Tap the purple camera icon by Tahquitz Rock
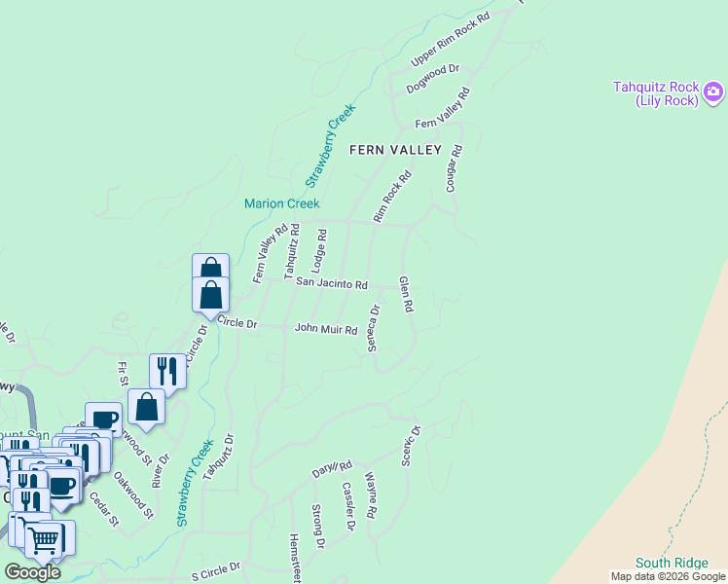click(713, 92)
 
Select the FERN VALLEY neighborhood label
click(396, 150)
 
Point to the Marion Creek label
click(281, 203)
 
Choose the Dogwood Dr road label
click(433, 78)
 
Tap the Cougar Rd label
click(453, 168)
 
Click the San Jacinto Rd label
click(332, 284)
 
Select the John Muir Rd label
click(326, 330)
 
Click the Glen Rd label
click(406, 294)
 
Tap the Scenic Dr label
click(409, 446)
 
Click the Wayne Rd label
click(371, 494)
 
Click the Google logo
click(32, 572)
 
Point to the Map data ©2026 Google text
click(667, 576)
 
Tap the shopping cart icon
click(44, 538)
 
